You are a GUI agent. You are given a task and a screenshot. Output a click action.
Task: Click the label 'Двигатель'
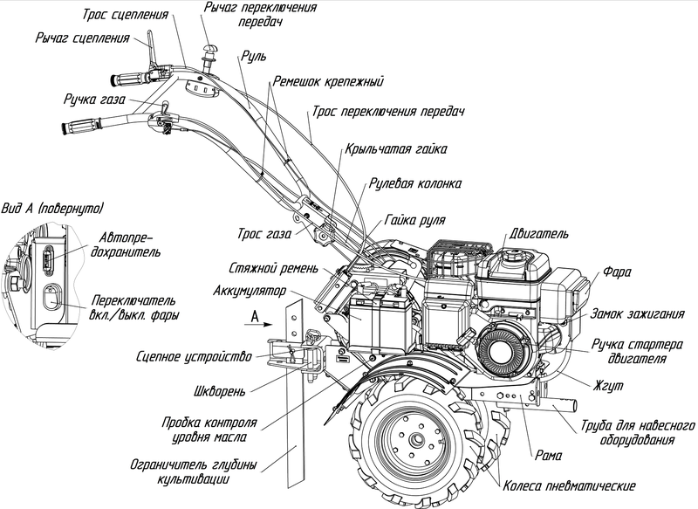[538, 234]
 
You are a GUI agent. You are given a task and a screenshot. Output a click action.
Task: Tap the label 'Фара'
[617, 272]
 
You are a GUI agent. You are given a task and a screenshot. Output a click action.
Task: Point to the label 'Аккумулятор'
[250, 292]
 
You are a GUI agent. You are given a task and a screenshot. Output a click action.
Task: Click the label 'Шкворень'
[220, 392]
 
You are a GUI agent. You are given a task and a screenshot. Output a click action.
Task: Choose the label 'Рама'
[549, 455]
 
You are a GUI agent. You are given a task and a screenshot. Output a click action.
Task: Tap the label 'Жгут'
[607, 386]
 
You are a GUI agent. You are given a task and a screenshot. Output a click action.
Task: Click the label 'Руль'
[254, 57]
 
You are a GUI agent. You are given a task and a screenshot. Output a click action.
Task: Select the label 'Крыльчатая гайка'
[396, 148]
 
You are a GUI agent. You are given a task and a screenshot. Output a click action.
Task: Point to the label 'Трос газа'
[264, 233]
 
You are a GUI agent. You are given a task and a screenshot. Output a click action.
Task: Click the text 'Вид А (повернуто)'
[52, 208]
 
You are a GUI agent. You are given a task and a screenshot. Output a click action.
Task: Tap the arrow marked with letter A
[258, 325]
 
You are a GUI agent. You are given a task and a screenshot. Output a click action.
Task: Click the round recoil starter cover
[503, 348]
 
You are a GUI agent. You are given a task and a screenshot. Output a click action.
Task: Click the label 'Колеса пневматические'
[570, 485]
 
